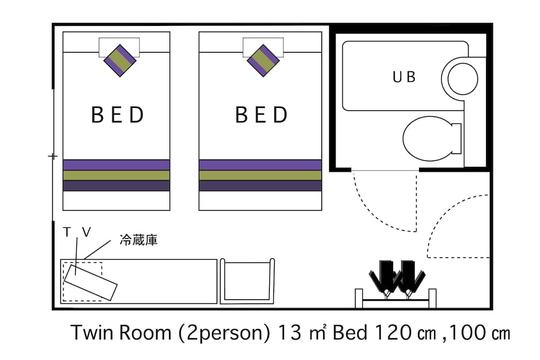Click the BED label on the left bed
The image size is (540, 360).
click(x=117, y=115)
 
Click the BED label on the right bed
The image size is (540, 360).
click(x=261, y=115)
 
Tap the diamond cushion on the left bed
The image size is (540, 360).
click(x=119, y=59)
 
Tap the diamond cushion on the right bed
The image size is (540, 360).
click(x=263, y=59)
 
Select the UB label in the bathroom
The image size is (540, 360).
click(x=404, y=77)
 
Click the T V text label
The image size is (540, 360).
click(x=77, y=232)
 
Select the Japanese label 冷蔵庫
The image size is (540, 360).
click(x=138, y=241)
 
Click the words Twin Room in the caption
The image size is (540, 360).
click(x=122, y=333)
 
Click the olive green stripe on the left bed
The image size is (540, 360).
click(x=117, y=175)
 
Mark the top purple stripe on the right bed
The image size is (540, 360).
click(x=260, y=165)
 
